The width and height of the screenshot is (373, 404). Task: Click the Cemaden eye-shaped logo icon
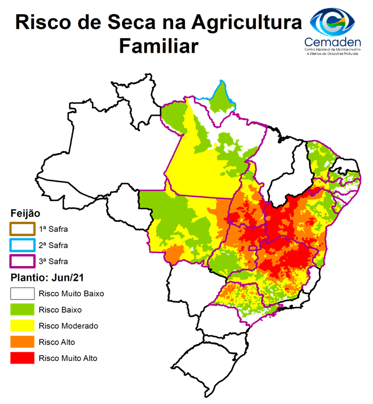tap(334, 21)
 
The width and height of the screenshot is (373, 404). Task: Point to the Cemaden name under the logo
tap(333, 43)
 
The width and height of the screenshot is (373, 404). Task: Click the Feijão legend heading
tap(26, 214)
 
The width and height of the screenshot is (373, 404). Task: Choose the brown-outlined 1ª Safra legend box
tap(23, 229)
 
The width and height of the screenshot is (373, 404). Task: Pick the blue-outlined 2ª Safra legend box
tap(23, 245)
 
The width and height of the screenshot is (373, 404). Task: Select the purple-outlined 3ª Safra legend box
tap(23, 261)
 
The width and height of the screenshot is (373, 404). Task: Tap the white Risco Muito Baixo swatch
tap(23, 294)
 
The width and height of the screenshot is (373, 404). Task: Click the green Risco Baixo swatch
tap(23, 310)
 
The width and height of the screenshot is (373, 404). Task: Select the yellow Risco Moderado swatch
tap(23, 326)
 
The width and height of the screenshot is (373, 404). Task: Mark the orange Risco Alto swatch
tap(23, 342)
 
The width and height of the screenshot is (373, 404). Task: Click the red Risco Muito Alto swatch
tap(23, 358)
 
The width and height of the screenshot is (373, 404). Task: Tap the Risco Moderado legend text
tap(68, 326)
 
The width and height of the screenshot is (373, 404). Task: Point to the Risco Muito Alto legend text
tap(68, 358)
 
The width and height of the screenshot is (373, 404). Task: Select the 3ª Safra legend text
tap(53, 261)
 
